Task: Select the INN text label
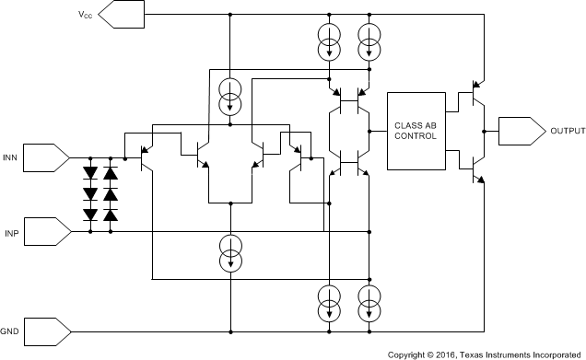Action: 12,158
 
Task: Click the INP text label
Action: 12,232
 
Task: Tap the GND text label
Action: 11,329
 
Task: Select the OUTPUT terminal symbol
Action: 520,132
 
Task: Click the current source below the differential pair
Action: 230,254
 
